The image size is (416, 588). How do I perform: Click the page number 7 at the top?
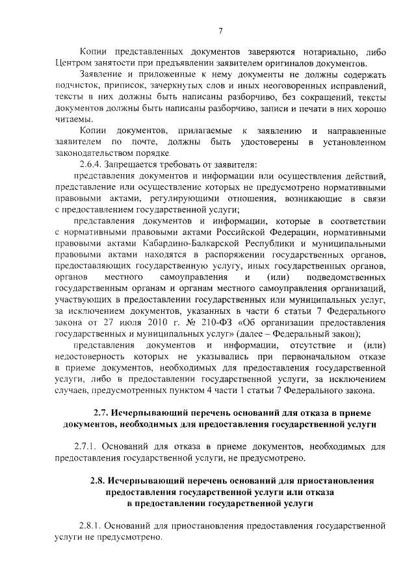click(x=220, y=31)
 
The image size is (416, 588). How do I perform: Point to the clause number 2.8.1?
click(x=92, y=527)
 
